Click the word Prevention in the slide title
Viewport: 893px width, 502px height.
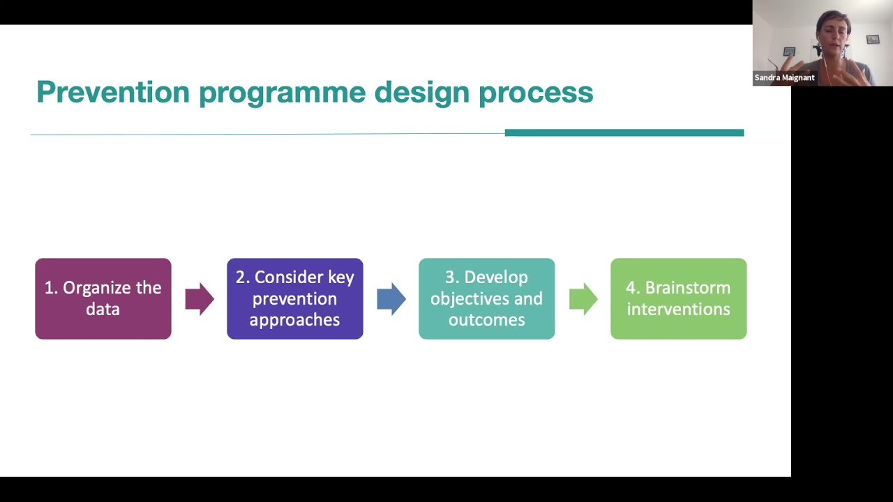(x=113, y=92)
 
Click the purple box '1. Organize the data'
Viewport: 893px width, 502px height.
(x=103, y=299)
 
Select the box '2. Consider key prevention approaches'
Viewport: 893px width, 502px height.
(x=295, y=299)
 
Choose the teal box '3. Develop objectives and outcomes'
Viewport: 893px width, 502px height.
(x=487, y=299)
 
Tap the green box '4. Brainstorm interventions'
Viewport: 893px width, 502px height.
(x=679, y=299)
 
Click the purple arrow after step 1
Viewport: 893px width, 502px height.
(x=200, y=299)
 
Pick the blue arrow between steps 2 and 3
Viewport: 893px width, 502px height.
(x=391, y=299)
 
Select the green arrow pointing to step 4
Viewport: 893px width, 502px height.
(x=583, y=299)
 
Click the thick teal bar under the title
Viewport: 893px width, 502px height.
(x=624, y=132)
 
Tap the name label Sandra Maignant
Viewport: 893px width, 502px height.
(x=785, y=77)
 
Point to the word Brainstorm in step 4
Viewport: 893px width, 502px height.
(x=688, y=288)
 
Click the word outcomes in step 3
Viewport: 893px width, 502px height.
(x=487, y=320)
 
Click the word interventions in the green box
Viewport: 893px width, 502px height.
(x=679, y=310)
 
